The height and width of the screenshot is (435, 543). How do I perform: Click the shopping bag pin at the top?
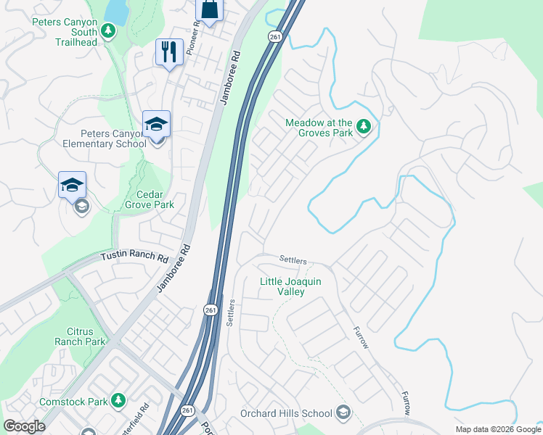click(x=209, y=10)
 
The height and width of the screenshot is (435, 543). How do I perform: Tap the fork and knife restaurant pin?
click(x=169, y=52)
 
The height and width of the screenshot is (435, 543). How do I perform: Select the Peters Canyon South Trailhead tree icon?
click(x=108, y=30)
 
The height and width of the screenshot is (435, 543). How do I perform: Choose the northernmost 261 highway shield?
click(x=274, y=36)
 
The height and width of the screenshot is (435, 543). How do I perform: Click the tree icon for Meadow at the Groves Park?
click(x=364, y=128)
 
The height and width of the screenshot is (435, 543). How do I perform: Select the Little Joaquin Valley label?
click(x=293, y=286)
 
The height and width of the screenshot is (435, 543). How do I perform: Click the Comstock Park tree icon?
click(x=117, y=400)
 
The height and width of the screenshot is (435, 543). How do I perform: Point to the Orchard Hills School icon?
click(x=343, y=413)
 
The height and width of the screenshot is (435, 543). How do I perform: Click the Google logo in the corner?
click(x=24, y=426)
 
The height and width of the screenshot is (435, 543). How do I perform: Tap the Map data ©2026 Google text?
click(x=497, y=429)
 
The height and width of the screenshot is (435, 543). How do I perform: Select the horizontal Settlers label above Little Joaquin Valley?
click(x=293, y=260)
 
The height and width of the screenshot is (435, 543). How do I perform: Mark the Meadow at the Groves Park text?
click(x=319, y=128)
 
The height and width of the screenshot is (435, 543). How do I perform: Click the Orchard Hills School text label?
click(x=286, y=414)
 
